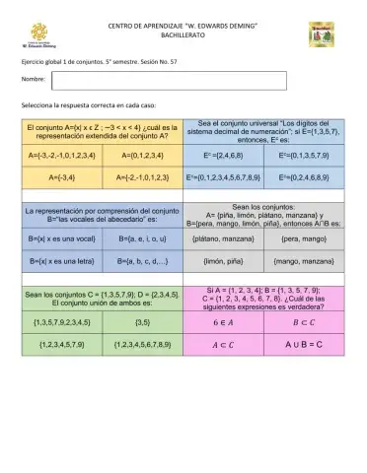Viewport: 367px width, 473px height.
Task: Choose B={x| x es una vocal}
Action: click(59, 239)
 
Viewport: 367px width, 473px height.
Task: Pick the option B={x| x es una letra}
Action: click(59, 263)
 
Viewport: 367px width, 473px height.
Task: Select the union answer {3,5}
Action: click(141, 322)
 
